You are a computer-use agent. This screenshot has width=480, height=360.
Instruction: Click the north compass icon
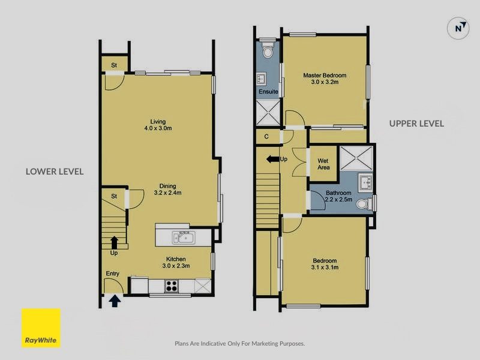click(x=458, y=28)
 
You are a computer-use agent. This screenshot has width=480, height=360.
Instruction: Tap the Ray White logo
click(x=41, y=328)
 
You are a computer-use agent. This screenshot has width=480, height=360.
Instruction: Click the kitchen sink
click(x=184, y=237)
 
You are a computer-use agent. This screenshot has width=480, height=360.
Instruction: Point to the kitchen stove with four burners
click(x=172, y=286)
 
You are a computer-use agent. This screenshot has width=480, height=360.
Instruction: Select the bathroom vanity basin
click(x=365, y=182)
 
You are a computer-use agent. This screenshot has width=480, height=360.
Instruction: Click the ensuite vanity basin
click(x=261, y=79)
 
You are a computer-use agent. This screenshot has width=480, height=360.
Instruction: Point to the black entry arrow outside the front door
click(x=115, y=301)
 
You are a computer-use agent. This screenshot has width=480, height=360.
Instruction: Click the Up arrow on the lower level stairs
click(x=114, y=242)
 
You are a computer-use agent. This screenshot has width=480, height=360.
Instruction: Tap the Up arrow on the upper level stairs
click(x=272, y=159)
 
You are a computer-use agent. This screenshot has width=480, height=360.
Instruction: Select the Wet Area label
click(x=323, y=164)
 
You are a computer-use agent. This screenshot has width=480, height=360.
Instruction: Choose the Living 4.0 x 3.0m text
click(x=158, y=125)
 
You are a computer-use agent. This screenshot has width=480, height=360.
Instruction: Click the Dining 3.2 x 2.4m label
click(x=168, y=189)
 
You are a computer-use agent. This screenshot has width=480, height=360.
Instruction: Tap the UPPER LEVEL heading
click(x=416, y=124)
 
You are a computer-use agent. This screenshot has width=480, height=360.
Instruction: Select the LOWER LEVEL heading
click(x=55, y=172)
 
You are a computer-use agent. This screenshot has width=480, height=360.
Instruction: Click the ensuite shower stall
click(x=268, y=112)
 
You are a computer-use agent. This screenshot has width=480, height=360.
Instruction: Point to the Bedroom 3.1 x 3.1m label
click(x=325, y=264)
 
